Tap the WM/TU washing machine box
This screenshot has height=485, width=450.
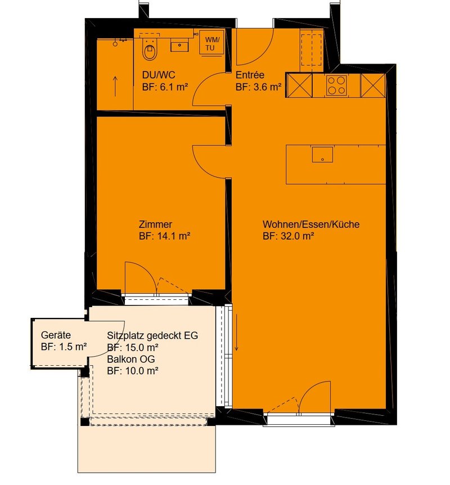tap(212, 44)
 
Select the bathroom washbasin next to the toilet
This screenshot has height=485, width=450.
tap(179, 45)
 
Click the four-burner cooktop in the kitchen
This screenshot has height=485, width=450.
tap(336, 85)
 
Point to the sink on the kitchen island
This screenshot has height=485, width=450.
tap(322, 155)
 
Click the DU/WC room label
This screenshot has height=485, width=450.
tap(159, 75)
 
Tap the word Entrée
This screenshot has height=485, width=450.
tap(250, 75)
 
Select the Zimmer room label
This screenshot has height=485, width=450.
tap(155, 224)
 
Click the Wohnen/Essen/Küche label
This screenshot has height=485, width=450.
tap(311, 224)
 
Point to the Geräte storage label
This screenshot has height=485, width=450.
tap(56, 335)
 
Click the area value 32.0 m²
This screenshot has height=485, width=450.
tap(297, 236)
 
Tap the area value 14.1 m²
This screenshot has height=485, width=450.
tap(174, 236)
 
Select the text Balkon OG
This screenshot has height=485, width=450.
tap(131, 359)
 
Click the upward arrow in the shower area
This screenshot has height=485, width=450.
tap(115, 86)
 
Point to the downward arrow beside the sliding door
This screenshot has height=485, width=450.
tap(236, 333)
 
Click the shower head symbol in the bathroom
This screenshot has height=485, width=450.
tap(115, 44)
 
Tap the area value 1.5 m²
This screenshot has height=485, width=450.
tap(73, 347)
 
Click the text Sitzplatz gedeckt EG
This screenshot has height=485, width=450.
tap(152, 335)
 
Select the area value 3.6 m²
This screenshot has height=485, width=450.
tap(267, 87)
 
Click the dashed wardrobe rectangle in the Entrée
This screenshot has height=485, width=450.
tap(312, 50)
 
